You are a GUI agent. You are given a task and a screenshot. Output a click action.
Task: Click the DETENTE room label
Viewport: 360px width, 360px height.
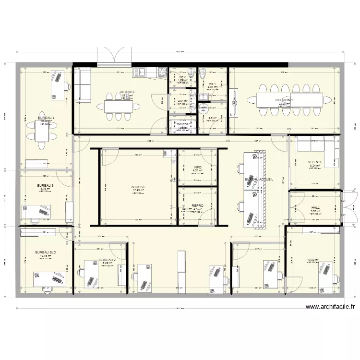(x=127, y=92)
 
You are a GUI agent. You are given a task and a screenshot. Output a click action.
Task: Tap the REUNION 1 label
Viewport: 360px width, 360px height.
(x=284, y=100)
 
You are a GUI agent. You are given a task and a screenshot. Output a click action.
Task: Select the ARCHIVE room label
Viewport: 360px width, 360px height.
(x=138, y=187)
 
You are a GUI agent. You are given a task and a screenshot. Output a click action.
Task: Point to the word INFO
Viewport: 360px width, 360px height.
(x=197, y=167)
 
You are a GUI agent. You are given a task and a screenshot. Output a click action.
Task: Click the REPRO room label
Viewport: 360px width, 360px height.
(x=197, y=205)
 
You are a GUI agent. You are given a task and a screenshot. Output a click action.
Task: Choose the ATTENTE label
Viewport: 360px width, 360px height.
(x=315, y=162)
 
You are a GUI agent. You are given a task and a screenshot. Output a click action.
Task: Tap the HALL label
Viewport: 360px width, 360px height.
(x=315, y=208)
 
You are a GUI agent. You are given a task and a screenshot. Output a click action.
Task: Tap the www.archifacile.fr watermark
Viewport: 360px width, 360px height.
(x=330, y=308)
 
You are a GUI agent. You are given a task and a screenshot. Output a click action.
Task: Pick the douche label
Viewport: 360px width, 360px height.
(x=183, y=124)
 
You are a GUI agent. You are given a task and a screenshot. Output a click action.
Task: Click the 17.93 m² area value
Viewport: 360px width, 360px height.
(x=138, y=191)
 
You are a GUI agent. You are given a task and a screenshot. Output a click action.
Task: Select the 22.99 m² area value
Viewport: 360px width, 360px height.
(x=284, y=104)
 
